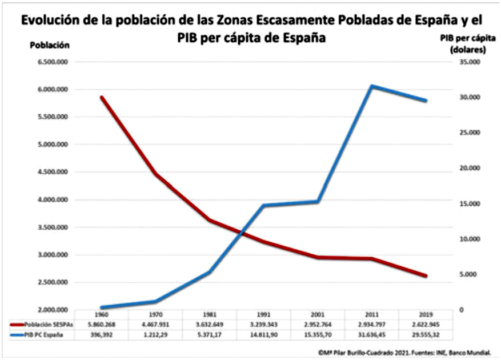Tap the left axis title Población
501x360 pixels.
(x=50, y=45)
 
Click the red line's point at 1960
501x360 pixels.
(x=102, y=98)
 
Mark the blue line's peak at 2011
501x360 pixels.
(x=372, y=86)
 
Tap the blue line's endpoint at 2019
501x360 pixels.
(x=425, y=101)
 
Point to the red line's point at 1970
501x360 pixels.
(x=155, y=174)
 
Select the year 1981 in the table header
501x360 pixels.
(x=210, y=315)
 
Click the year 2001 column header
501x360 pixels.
(x=318, y=315)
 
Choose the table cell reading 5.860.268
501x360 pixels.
(x=102, y=324)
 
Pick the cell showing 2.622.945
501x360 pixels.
(x=425, y=324)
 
